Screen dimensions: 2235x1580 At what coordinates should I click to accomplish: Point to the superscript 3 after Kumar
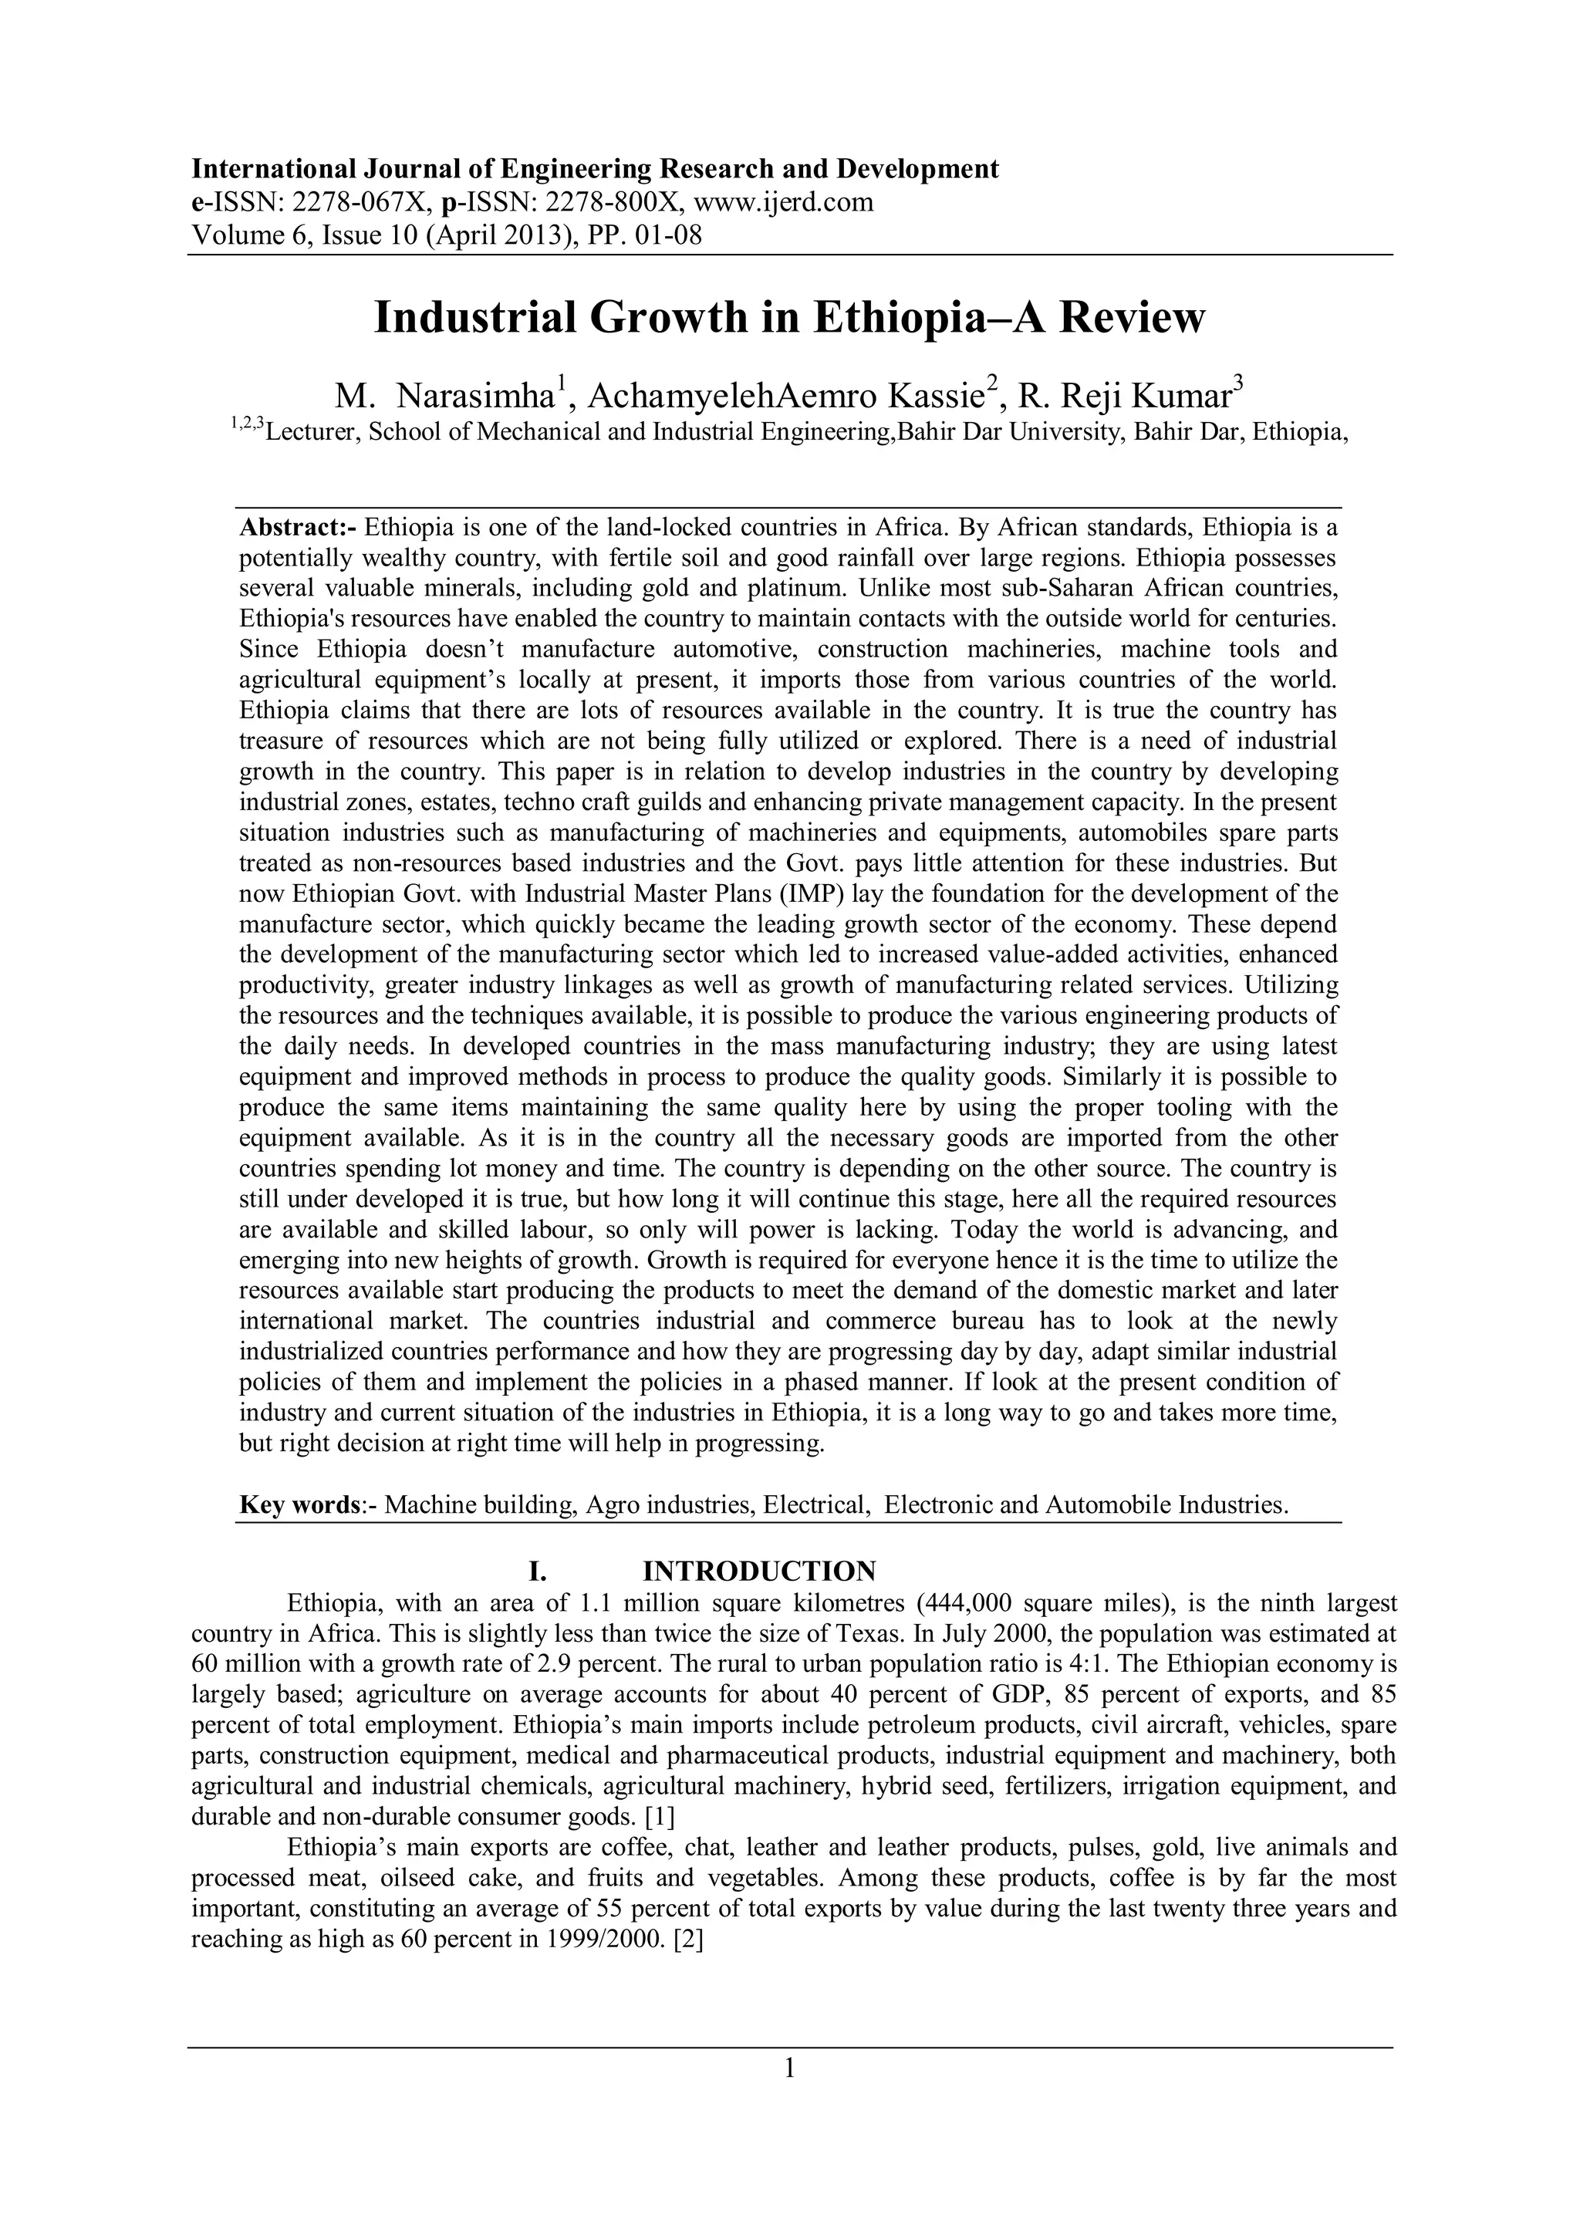point(1238,386)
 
